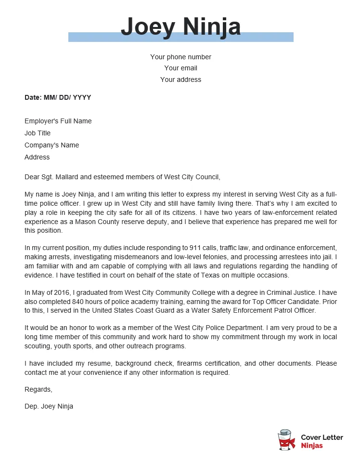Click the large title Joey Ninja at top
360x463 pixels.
pos(180,26)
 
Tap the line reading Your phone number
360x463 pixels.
pos(180,57)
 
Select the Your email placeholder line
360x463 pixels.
pos(180,68)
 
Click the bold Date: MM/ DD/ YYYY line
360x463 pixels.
pos(58,97)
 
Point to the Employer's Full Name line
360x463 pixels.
pos(58,121)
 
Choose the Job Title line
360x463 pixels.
pos(38,133)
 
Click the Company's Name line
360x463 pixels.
pos(51,145)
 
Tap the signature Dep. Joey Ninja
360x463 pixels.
pos(49,406)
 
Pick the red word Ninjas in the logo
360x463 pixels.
pos(312,446)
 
